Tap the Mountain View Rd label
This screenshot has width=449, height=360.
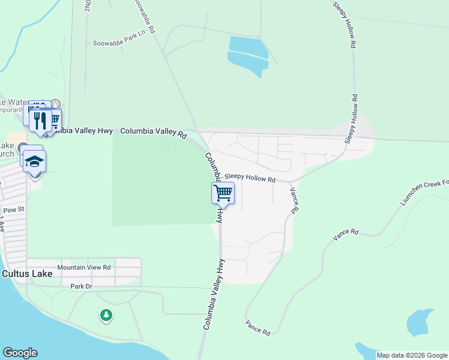(84, 267)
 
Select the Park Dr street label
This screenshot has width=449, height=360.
(81, 287)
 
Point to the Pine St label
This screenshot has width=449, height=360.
(13, 210)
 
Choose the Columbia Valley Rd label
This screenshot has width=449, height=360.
(154, 132)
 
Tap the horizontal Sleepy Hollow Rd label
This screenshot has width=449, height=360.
(250, 179)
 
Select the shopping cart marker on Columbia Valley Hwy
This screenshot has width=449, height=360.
(223, 193)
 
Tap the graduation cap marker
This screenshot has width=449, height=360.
(35, 161)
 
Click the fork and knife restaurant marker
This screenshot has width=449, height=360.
(40, 120)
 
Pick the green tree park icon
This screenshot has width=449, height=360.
(106, 314)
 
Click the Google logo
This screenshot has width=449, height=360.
(20, 353)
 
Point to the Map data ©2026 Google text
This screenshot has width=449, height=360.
(412, 355)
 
